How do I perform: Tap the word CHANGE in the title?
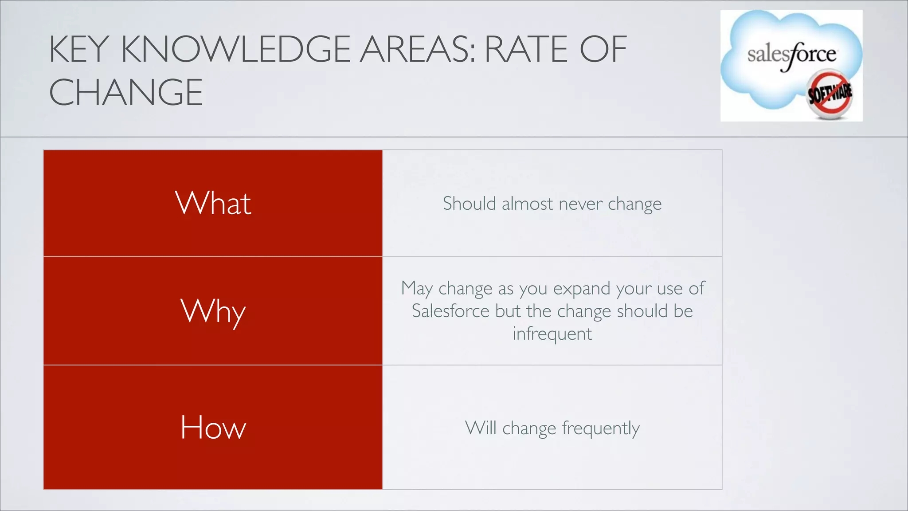[126, 92]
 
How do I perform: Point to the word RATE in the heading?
[528, 49]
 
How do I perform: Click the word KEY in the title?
[79, 49]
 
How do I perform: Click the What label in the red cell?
[213, 203]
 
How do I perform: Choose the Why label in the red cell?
[213, 311]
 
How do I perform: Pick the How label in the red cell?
[213, 428]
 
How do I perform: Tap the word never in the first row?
[581, 204]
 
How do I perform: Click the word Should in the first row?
[470, 204]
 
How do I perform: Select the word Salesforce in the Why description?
[450, 311]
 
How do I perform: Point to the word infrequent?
[552, 334]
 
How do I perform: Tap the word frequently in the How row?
[601, 429]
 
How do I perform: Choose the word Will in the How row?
[481, 428]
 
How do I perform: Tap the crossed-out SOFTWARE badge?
[829, 94]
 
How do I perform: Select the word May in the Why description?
[417, 289]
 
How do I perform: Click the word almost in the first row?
[528, 204]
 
